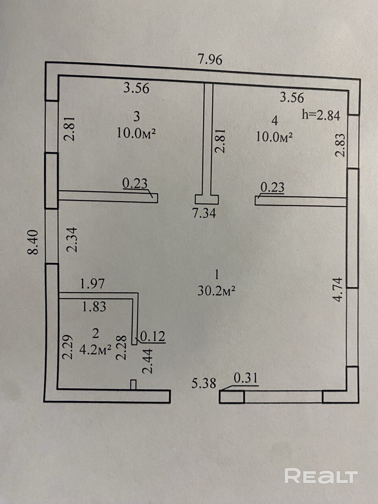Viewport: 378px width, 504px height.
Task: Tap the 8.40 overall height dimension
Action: [x=33, y=242]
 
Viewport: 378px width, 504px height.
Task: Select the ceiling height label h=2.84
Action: [x=321, y=115]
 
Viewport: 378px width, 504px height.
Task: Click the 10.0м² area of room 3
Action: [x=136, y=133]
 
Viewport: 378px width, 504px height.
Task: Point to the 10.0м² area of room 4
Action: [x=274, y=137]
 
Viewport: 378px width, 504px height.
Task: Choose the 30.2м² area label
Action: [x=217, y=291]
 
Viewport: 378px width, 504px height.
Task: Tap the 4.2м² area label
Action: [x=95, y=350]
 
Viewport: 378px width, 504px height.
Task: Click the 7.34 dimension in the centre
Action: [x=204, y=213]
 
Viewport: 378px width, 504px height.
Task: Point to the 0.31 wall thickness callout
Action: [x=246, y=378]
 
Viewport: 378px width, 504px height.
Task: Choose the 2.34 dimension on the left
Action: [x=72, y=240]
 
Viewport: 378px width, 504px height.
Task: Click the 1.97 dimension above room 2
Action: [x=92, y=283]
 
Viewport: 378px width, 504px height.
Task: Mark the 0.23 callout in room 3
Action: [x=135, y=183]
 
